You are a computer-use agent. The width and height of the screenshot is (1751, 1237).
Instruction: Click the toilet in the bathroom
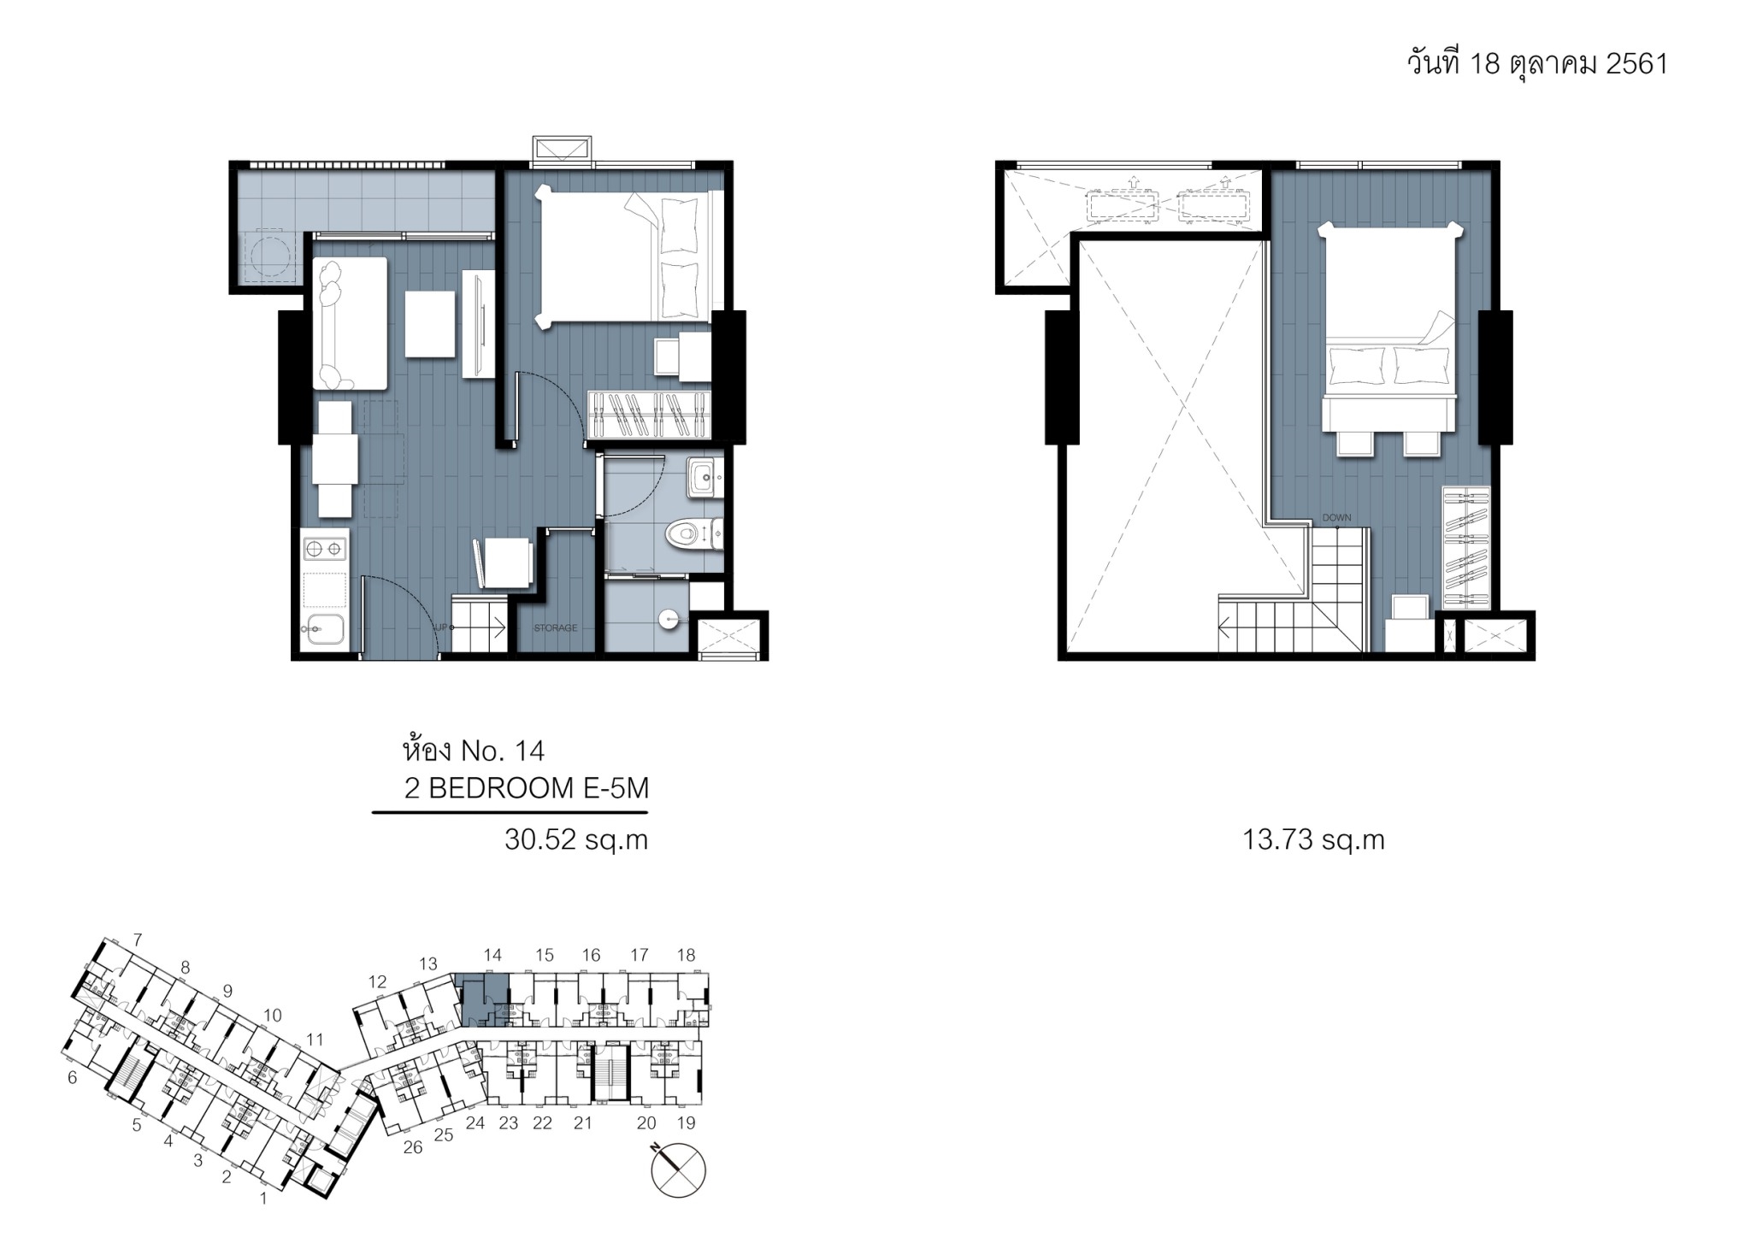(694, 535)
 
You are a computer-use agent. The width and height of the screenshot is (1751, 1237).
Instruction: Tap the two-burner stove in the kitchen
(325, 547)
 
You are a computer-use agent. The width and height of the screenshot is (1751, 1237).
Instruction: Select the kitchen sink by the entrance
(324, 630)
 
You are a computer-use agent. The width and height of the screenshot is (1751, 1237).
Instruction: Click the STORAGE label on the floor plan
(556, 628)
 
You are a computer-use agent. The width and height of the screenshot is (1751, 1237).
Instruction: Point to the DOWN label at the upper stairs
(1336, 518)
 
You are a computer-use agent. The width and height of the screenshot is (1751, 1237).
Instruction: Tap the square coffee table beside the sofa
(430, 324)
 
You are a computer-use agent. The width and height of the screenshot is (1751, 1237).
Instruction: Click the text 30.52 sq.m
(576, 840)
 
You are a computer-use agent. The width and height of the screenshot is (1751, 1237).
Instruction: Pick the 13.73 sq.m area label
(1313, 840)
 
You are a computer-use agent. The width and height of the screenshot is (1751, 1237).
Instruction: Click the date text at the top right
(1537, 63)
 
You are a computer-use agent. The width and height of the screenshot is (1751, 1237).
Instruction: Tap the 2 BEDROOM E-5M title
(527, 788)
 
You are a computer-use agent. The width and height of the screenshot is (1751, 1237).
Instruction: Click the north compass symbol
(679, 1169)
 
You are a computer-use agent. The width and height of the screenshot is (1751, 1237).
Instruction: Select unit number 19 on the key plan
(686, 1122)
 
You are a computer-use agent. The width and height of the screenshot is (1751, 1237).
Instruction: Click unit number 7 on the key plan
(137, 940)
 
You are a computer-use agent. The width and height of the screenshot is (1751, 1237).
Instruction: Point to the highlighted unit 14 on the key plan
(484, 999)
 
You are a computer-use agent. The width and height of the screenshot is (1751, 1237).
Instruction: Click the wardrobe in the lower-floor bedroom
(650, 415)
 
